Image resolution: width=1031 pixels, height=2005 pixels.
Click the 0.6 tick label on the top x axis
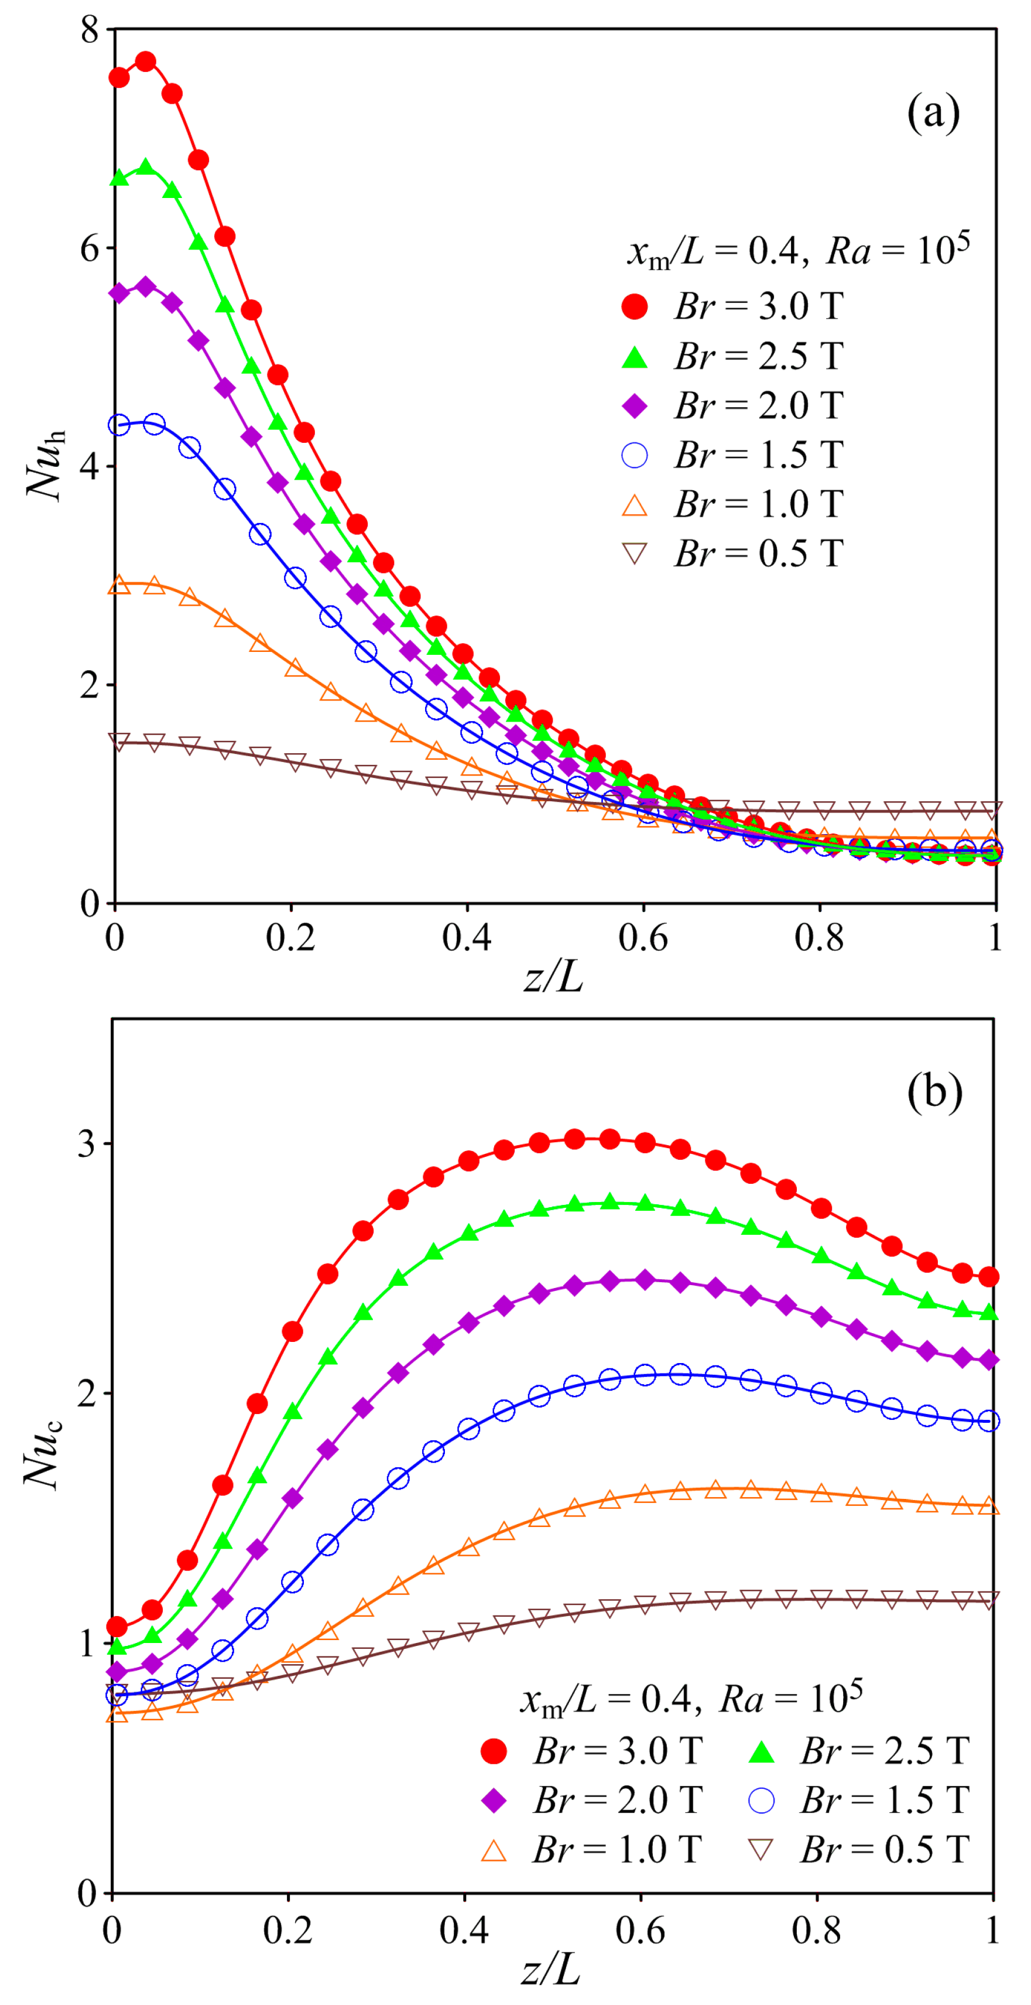[x=643, y=938]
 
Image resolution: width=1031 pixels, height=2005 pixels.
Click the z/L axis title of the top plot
[x=553, y=976]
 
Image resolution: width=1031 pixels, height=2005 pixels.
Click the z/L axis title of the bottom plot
[x=550, y=1970]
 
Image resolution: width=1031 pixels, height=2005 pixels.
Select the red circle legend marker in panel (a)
[x=635, y=307]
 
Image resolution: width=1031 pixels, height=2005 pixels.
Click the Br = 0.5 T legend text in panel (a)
[x=759, y=554]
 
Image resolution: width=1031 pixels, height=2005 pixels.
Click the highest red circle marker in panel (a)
[x=146, y=62]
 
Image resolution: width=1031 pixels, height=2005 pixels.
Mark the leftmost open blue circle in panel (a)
[x=119, y=425]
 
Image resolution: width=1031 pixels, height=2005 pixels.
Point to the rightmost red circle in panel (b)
[x=989, y=1276]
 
